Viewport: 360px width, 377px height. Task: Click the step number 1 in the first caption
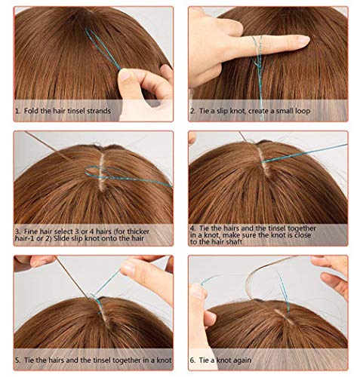[x=17, y=111]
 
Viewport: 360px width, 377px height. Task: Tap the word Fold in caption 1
[x=32, y=111]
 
